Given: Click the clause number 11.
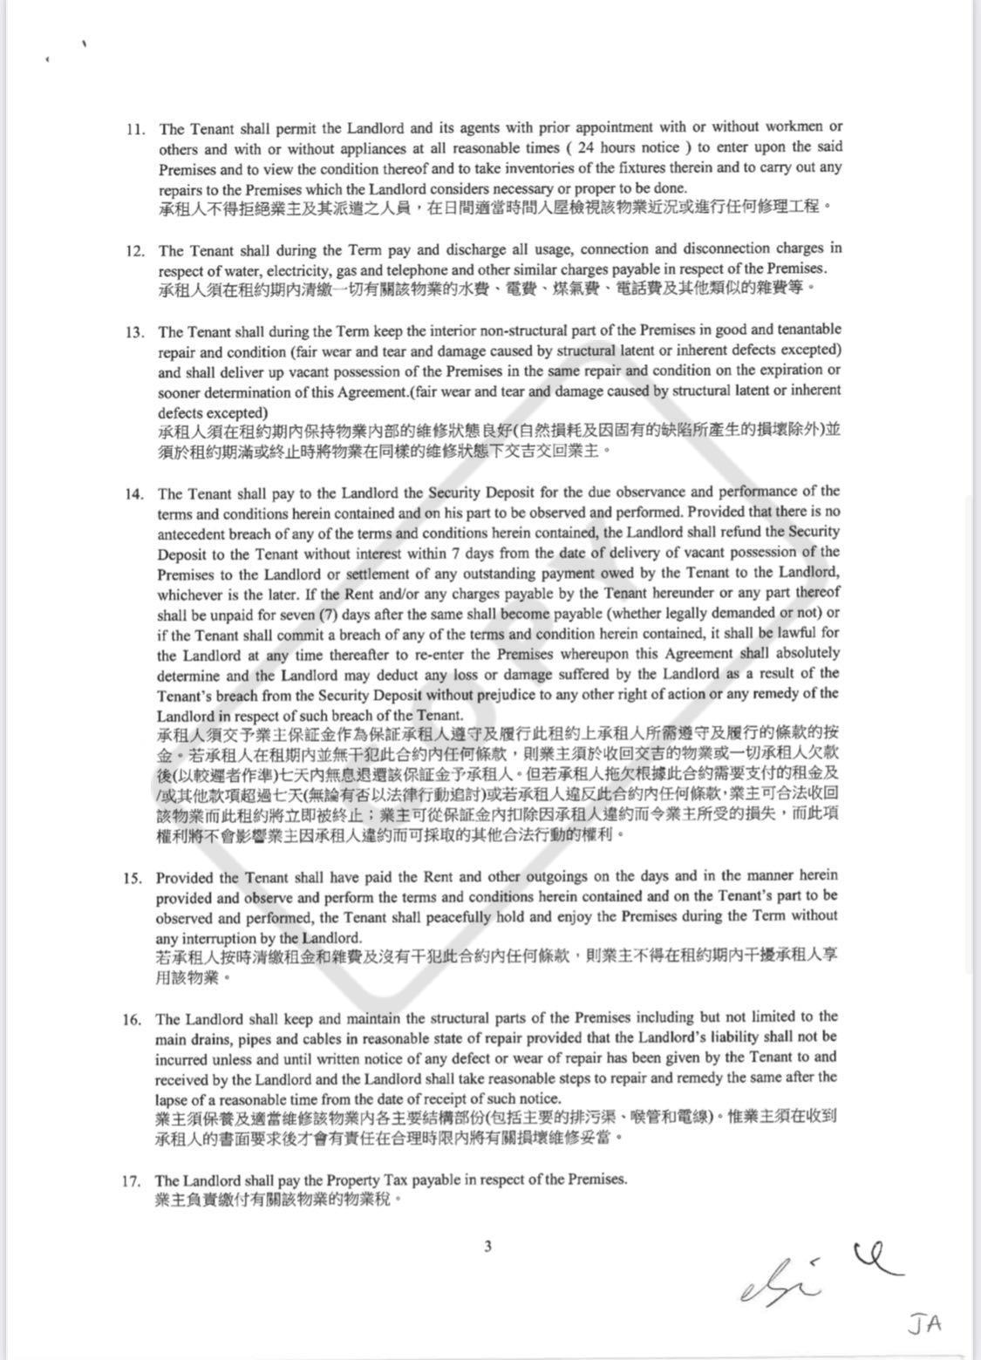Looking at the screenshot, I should coord(135,128).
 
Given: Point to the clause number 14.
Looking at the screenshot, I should coord(134,493).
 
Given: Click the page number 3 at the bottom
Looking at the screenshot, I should coord(487,1247).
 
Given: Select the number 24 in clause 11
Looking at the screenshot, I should coord(586,147).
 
